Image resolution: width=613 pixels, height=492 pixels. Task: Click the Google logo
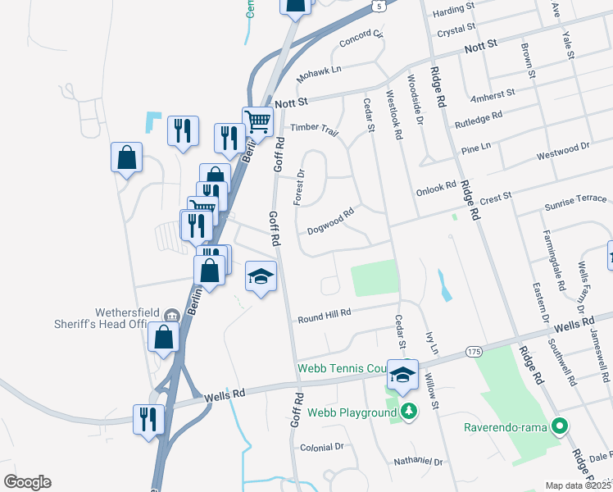click(27, 482)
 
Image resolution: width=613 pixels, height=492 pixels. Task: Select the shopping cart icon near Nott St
click(257, 121)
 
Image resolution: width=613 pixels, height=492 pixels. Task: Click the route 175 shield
click(473, 351)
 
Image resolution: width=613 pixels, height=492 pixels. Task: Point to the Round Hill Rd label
click(325, 315)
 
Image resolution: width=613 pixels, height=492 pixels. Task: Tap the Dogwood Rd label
click(330, 221)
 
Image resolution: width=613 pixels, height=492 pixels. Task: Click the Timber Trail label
click(315, 129)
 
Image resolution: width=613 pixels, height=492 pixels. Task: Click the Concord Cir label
click(362, 38)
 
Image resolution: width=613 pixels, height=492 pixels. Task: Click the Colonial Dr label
click(322, 447)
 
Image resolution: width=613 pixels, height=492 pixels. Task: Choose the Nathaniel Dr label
click(417, 462)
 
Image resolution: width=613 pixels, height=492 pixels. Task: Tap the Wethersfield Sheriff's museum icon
click(172, 314)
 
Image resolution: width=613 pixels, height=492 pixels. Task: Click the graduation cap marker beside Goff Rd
click(261, 278)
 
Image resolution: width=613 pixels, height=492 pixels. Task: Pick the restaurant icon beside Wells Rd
click(148, 419)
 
